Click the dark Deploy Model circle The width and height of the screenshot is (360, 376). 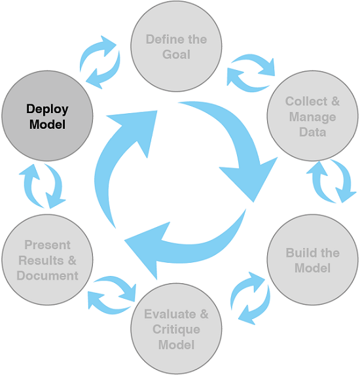click(x=47, y=116)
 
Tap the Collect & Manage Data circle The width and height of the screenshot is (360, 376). click(x=312, y=116)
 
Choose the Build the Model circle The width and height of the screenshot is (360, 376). click(x=312, y=260)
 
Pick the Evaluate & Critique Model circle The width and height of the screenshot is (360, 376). click(x=175, y=328)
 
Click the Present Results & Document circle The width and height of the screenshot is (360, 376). click(x=47, y=260)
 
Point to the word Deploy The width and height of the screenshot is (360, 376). click(x=47, y=109)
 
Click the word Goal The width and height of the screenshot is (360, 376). click(x=176, y=54)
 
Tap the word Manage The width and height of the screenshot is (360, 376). click(x=312, y=116)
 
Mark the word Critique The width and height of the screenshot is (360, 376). click(x=176, y=328)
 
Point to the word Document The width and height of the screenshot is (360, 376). click(x=47, y=275)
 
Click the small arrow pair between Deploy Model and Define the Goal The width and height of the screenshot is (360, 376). click(x=99, y=61)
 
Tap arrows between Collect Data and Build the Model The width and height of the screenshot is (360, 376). click(x=332, y=181)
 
